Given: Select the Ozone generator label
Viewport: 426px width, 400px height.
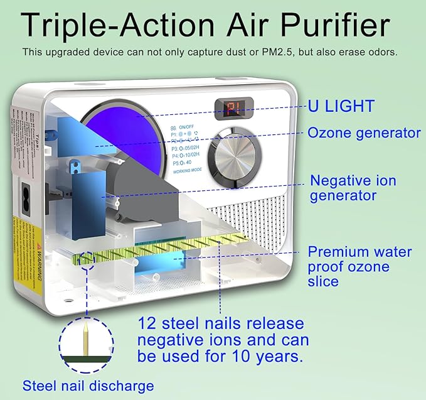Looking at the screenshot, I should click(364, 133).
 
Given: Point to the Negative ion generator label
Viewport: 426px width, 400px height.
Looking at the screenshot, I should click(353, 188).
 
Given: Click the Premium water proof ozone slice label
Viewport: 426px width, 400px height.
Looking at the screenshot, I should click(359, 267).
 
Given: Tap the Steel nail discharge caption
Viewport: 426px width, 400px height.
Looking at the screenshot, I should click(88, 385).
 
